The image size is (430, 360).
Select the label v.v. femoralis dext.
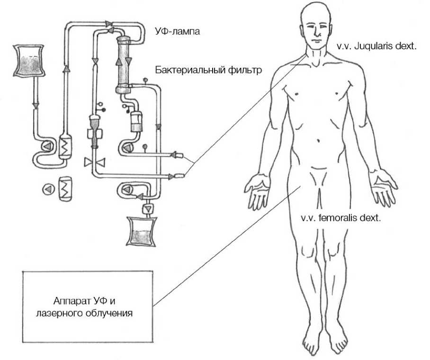click(341, 219)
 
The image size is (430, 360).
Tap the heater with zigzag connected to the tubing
click(64, 147)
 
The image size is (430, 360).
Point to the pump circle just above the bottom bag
click(126, 190)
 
